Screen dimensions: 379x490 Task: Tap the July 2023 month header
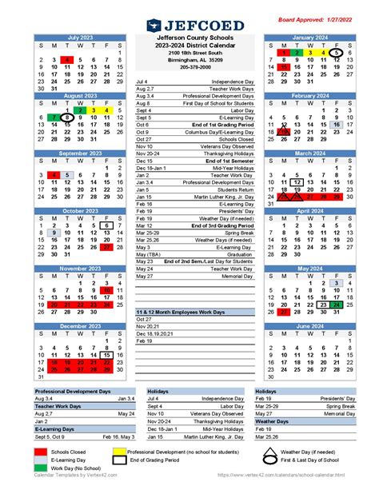point(80,38)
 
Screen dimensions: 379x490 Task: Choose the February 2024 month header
point(310,94)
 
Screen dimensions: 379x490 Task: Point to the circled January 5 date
point(337,52)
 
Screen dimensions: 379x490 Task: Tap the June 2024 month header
point(310,325)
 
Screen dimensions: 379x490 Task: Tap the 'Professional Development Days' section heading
point(72,391)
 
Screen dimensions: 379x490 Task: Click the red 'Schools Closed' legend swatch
point(41,452)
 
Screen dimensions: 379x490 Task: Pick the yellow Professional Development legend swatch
point(154,452)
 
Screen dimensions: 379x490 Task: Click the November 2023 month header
point(80,269)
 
